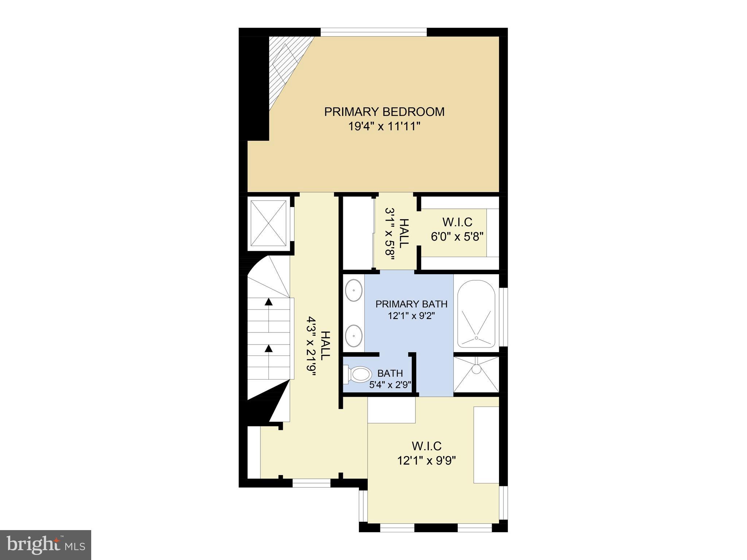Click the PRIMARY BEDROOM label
(x=384, y=112)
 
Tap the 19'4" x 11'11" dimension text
(x=384, y=127)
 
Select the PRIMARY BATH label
(x=411, y=304)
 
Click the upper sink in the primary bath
(x=354, y=291)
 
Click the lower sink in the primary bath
(x=354, y=335)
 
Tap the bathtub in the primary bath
(x=476, y=314)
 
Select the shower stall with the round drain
(x=476, y=374)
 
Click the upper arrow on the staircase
(x=269, y=302)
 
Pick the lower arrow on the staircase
(x=269, y=349)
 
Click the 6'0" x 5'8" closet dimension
(x=457, y=237)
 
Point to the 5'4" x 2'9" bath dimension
(x=390, y=385)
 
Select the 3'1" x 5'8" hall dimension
(x=390, y=234)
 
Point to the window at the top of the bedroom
(x=373, y=32)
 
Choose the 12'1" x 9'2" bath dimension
(x=411, y=316)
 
